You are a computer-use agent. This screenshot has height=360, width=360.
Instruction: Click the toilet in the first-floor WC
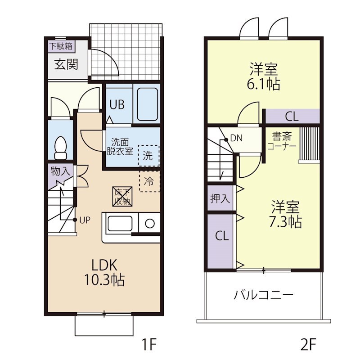[61, 148]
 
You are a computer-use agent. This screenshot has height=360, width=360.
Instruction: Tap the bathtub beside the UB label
[147, 104]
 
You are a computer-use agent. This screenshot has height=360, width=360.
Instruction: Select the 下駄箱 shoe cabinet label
[61, 46]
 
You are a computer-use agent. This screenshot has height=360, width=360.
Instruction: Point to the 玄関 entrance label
[66, 64]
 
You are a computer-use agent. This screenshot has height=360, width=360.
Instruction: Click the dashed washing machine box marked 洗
[148, 155]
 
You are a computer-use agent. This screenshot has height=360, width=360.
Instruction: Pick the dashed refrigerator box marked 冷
[149, 181]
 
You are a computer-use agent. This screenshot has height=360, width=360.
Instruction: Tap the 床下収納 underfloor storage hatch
[122, 197]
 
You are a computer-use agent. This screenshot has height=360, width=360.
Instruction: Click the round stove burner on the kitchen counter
[150, 223]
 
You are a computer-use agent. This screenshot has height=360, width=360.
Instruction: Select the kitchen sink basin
[120, 223]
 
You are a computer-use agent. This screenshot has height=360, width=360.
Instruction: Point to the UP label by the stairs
[85, 220]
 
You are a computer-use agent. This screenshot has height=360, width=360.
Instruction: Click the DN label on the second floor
[236, 138]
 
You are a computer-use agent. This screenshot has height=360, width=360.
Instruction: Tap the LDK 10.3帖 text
[104, 273]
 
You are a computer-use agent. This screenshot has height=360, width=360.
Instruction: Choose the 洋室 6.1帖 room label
[264, 76]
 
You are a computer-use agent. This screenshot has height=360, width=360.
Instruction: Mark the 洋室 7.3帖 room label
[285, 214]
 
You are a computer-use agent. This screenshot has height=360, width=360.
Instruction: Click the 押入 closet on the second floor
[220, 198]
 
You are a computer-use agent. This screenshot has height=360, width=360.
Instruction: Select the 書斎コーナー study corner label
[282, 141]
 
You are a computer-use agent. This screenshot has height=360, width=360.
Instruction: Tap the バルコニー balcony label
[263, 295]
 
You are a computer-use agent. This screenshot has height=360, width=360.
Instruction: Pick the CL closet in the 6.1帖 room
[292, 116]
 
